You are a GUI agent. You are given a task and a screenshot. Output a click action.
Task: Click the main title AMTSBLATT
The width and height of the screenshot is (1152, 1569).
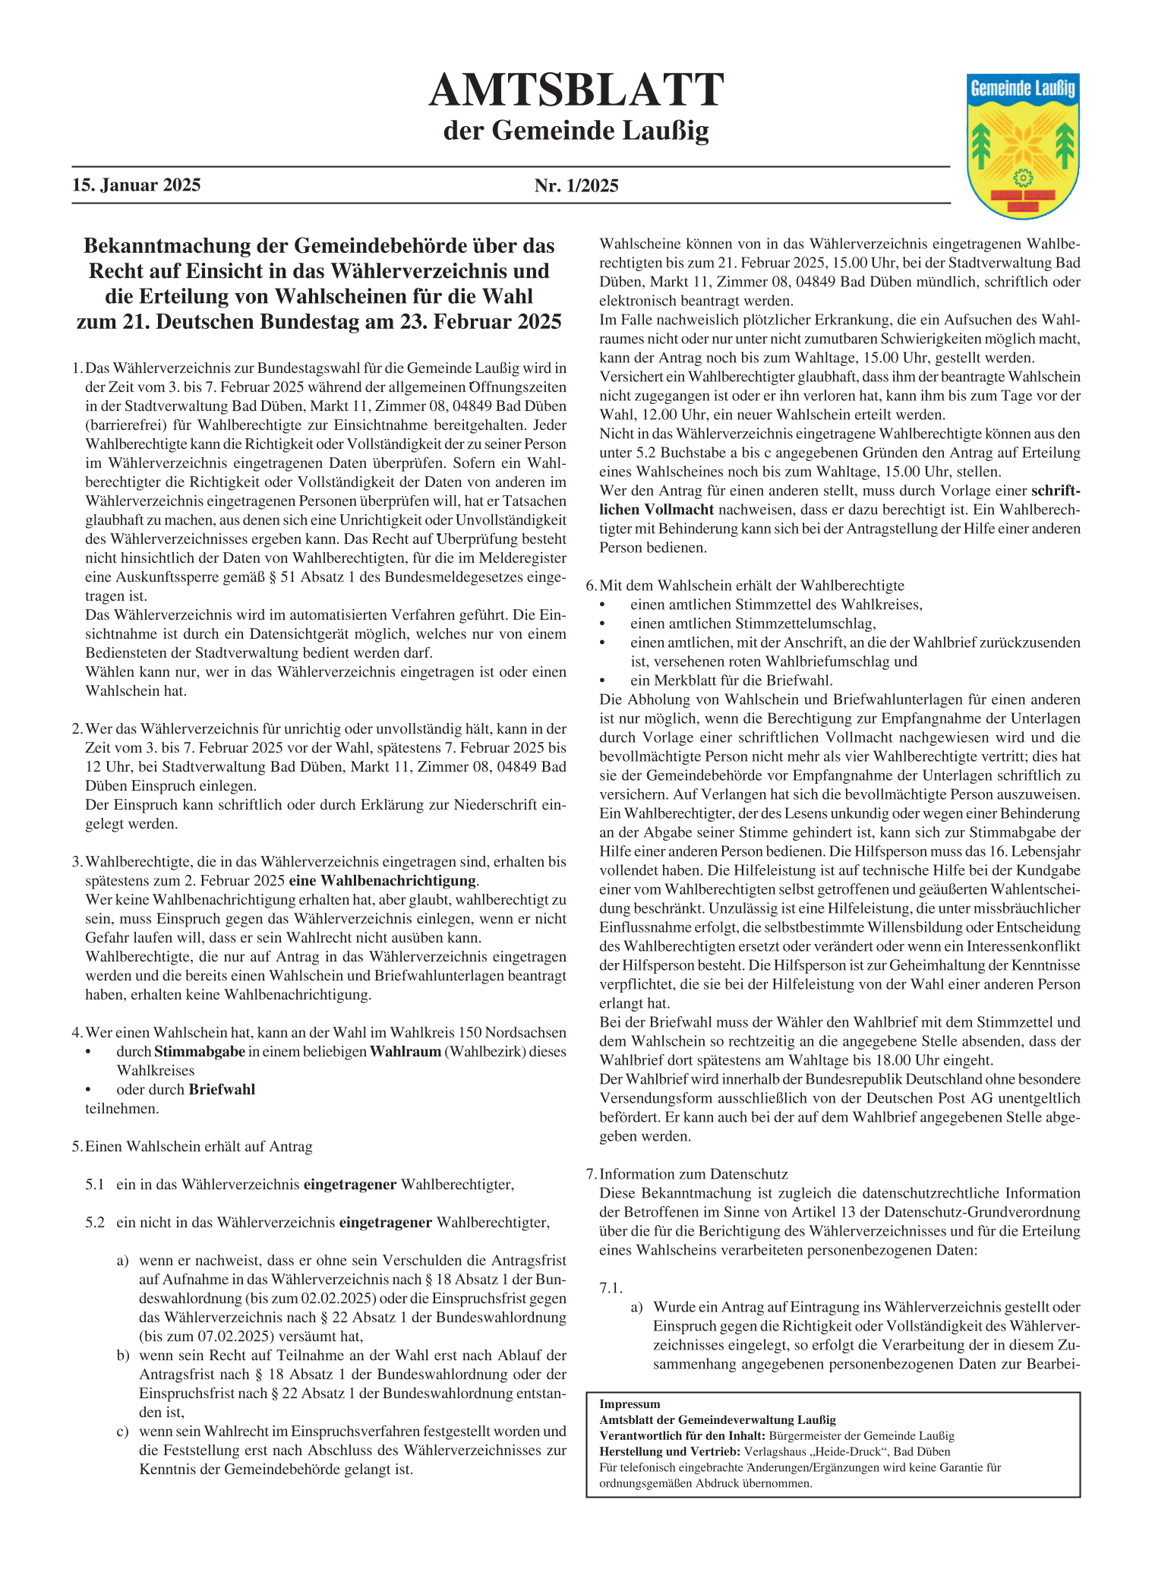point(576,90)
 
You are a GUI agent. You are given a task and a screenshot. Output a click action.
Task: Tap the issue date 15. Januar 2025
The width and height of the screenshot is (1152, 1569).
point(137,185)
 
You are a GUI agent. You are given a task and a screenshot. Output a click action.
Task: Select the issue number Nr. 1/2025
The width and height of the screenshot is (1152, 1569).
point(576,185)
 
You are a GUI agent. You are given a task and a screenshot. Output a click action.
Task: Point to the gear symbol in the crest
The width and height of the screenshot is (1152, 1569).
point(1023,178)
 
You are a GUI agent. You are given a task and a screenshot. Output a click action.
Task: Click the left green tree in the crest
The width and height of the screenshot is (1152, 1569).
point(983,144)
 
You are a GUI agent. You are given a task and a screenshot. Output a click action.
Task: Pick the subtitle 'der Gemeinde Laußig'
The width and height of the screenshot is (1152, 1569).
point(576,131)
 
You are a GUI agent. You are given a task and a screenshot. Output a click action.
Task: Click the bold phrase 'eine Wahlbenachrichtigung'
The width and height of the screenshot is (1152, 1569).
point(384,881)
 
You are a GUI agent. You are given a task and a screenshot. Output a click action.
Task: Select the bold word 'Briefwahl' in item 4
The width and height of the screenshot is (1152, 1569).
point(222,1089)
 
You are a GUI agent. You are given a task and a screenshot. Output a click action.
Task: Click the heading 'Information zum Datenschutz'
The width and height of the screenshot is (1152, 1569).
point(694,1173)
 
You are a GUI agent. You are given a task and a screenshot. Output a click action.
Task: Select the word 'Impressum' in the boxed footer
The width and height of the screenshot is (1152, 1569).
point(630,1404)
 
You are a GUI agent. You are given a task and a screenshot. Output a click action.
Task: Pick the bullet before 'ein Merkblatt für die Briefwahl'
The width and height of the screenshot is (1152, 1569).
point(603,680)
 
